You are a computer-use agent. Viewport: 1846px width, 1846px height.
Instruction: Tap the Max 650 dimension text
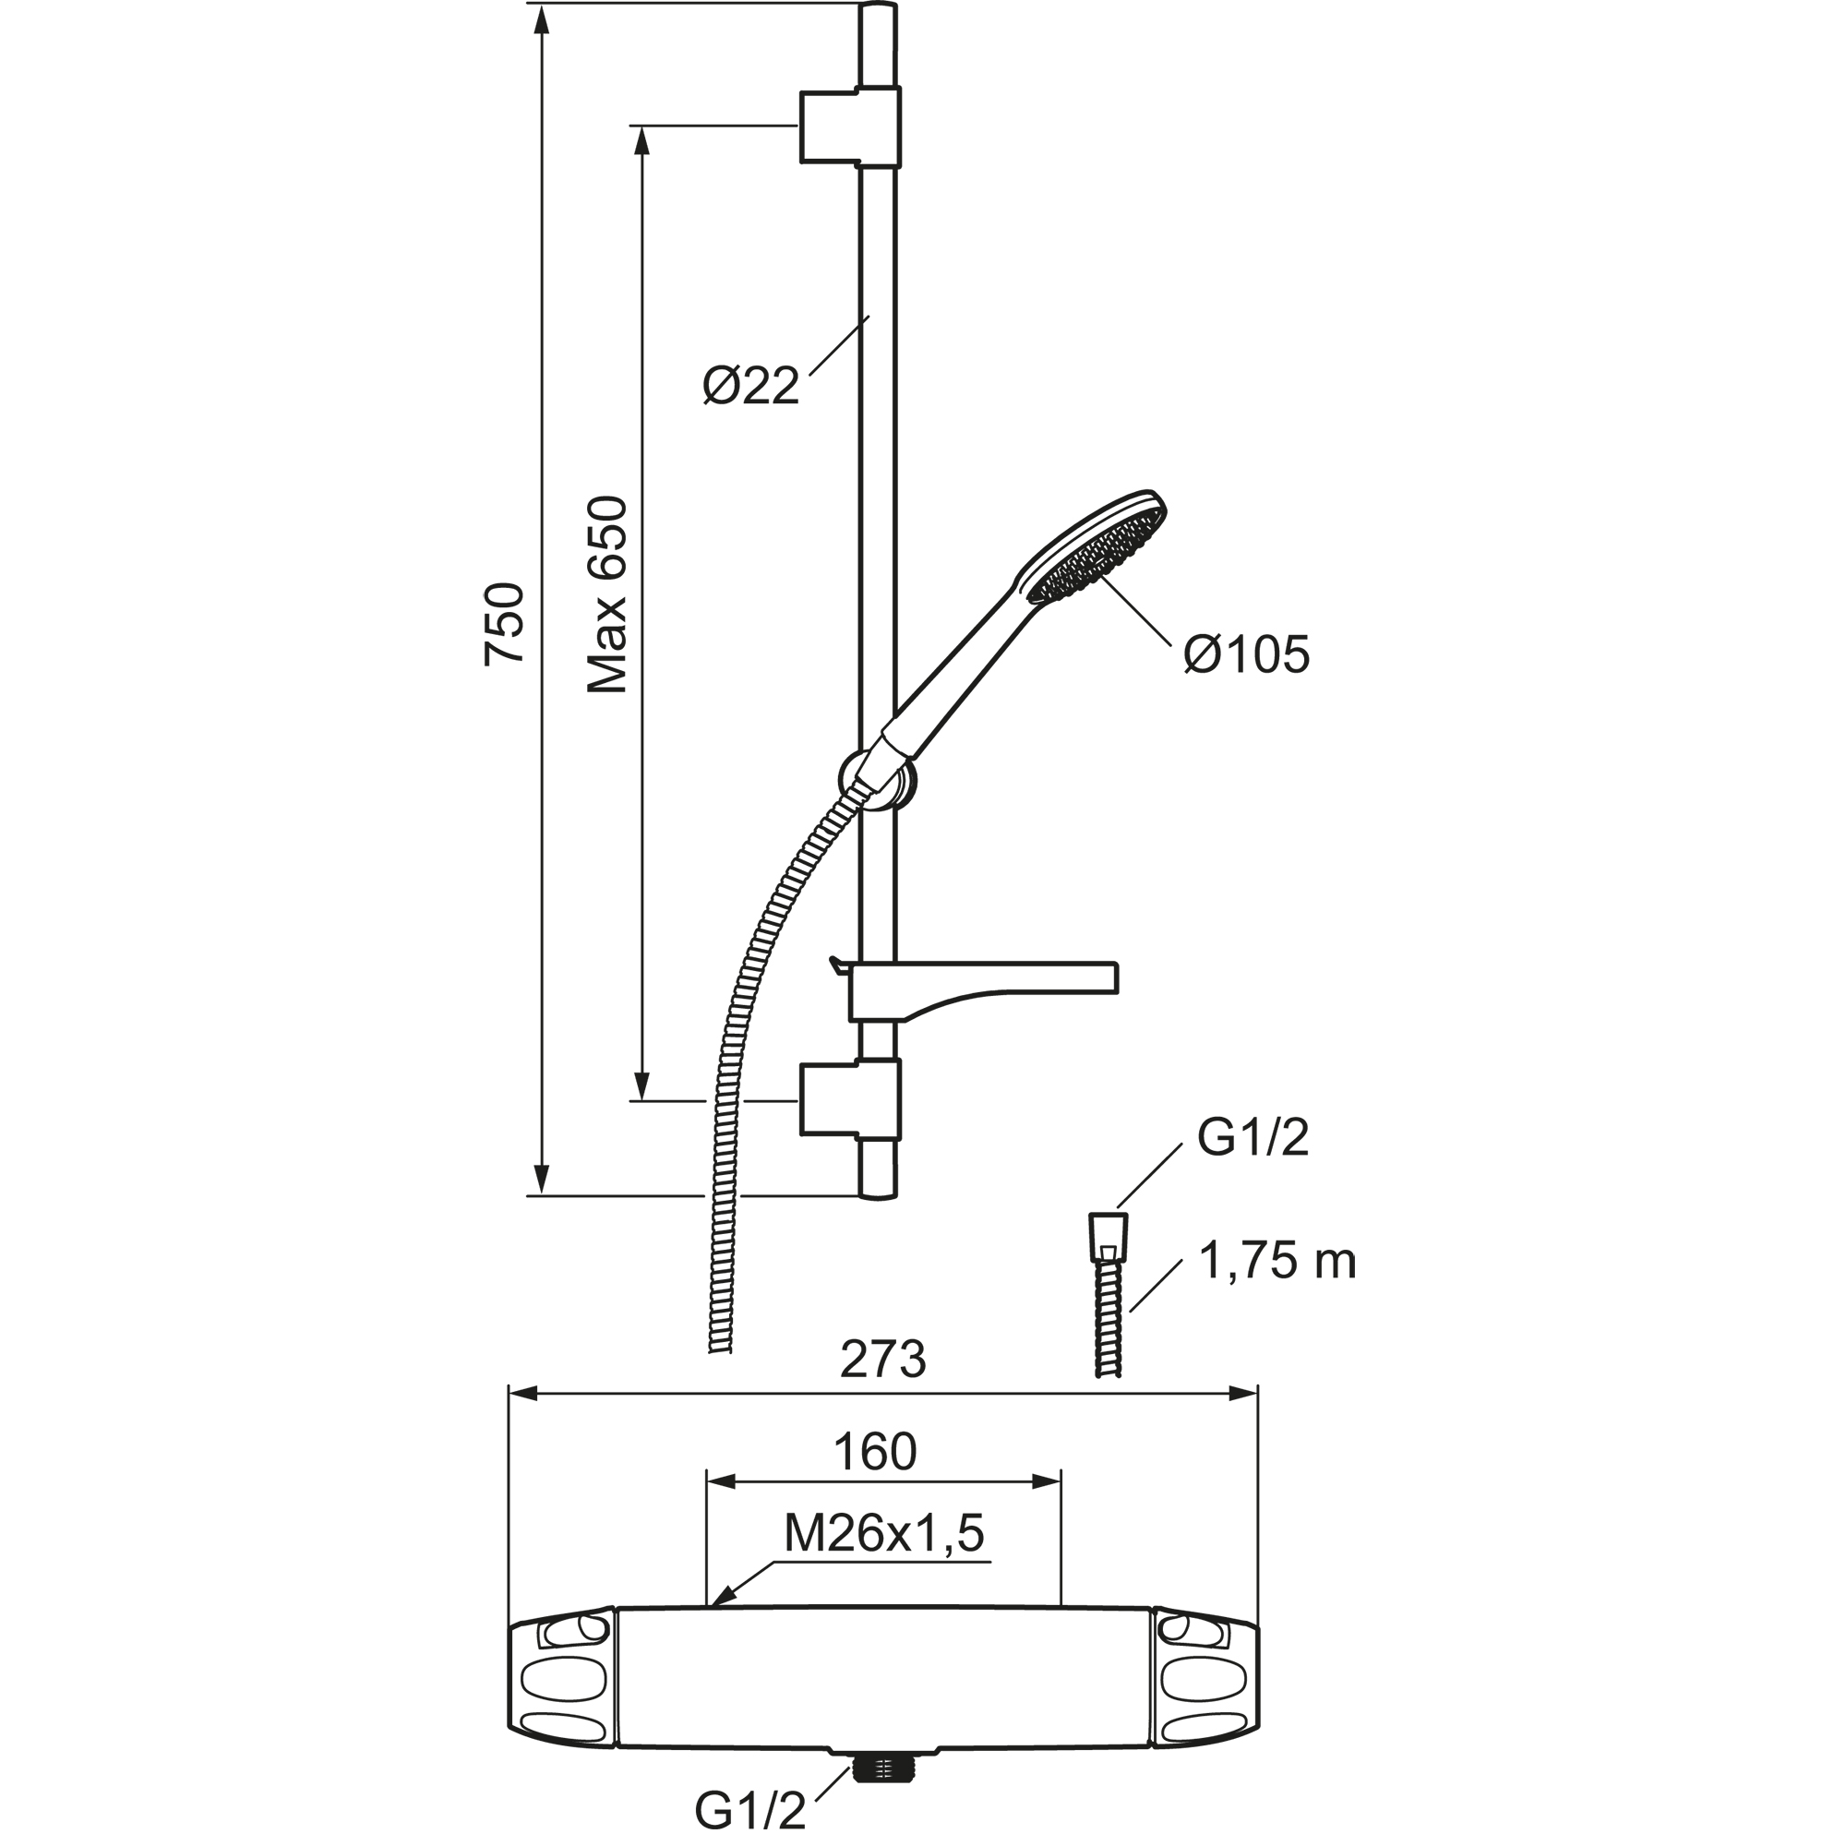607,595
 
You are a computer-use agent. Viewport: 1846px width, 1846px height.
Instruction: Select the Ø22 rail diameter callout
751,387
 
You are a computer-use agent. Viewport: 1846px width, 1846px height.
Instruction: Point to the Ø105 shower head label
1247,655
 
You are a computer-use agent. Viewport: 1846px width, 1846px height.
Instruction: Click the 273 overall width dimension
883,1361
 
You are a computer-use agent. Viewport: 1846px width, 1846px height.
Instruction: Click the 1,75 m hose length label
1277,1262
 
